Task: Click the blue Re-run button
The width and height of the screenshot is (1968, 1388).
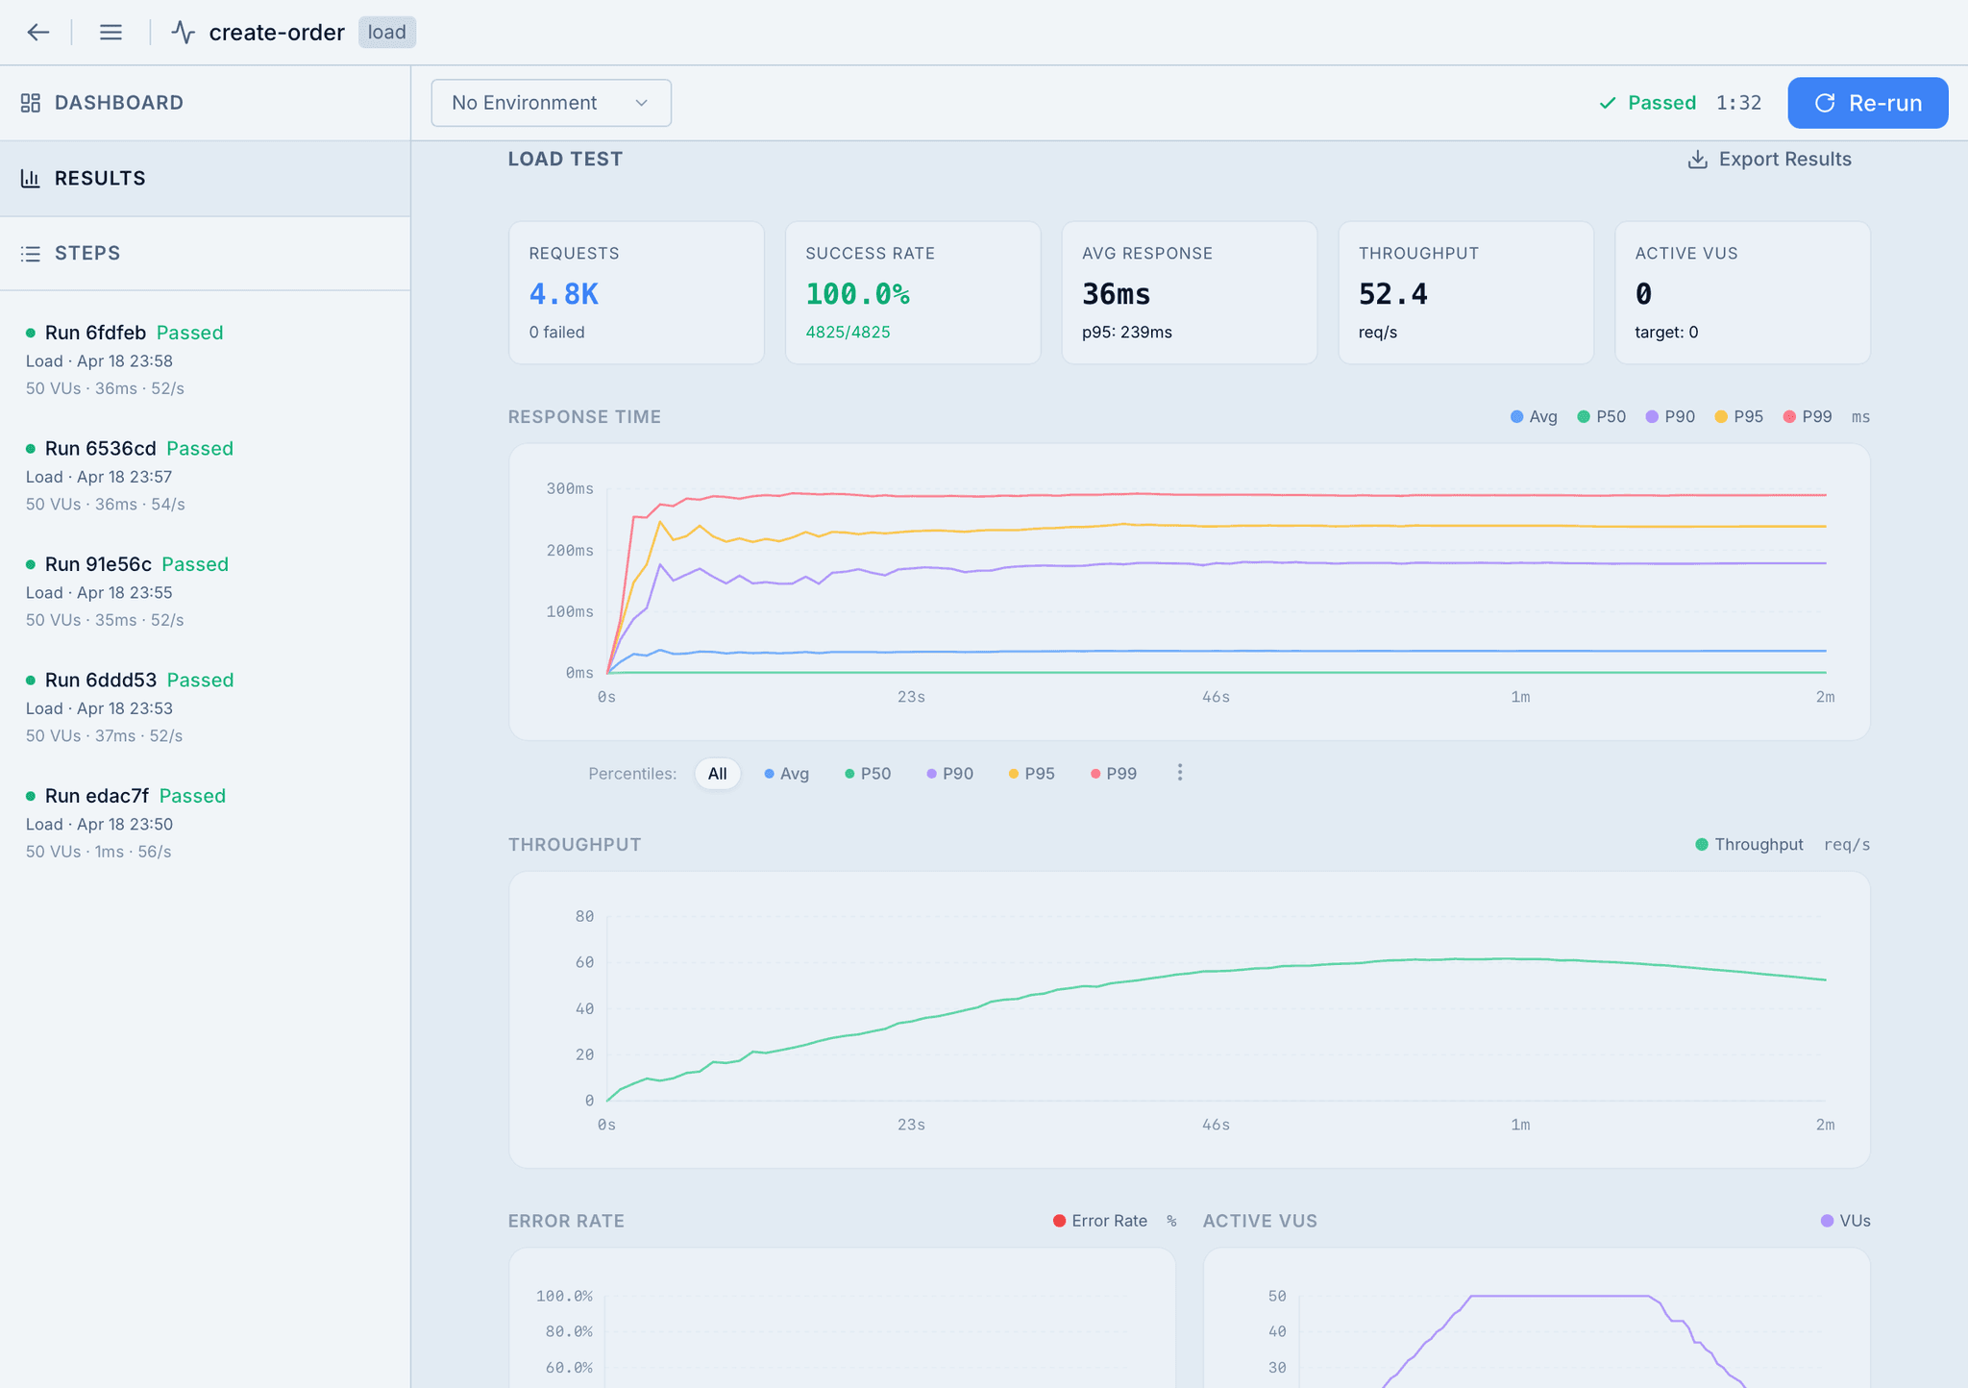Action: point(1867,103)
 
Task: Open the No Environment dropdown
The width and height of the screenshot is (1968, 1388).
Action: point(551,103)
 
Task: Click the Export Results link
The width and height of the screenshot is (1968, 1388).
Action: point(1769,160)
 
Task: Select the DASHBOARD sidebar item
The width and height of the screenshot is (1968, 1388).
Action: point(118,103)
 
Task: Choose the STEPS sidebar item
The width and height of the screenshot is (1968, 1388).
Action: point(87,254)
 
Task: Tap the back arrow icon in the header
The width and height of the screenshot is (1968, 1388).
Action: point(38,33)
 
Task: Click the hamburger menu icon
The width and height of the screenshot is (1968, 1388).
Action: point(111,33)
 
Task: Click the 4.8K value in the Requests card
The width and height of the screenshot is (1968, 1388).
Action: point(564,294)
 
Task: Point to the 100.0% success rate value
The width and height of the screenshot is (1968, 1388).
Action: point(857,294)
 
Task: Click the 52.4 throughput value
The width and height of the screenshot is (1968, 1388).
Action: point(1392,294)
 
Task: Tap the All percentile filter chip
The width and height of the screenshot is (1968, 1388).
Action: point(717,774)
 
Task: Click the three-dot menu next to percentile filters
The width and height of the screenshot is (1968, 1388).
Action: point(1180,773)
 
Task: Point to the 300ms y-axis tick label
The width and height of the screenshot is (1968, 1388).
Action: point(570,489)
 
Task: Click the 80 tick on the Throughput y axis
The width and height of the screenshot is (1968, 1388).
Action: point(584,917)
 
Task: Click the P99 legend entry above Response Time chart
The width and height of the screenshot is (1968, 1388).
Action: point(1808,417)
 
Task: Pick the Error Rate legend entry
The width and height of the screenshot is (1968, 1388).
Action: point(1100,1221)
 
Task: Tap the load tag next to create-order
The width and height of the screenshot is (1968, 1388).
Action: point(387,33)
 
